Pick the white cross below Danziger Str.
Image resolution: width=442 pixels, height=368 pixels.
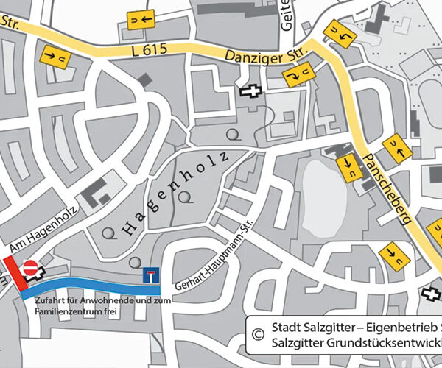(x=251, y=91)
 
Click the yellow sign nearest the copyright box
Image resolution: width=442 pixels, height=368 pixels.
(x=392, y=255)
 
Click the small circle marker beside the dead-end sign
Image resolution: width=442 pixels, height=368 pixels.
(x=133, y=262)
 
